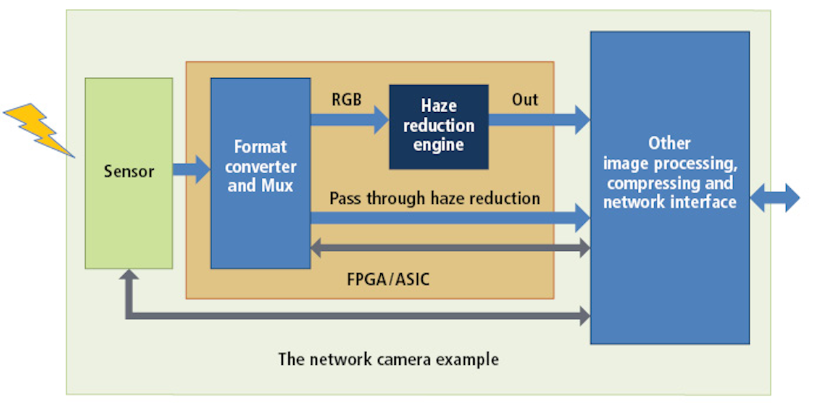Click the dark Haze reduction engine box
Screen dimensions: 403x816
click(x=439, y=126)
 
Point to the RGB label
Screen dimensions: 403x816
click(x=345, y=100)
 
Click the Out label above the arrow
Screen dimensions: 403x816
click(x=524, y=100)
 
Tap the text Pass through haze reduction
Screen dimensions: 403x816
click(x=435, y=198)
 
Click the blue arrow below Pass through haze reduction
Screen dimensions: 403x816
click(x=449, y=217)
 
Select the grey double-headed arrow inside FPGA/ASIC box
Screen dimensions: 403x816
click(x=449, y=248)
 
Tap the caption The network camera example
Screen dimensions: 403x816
click(x=388, y=358)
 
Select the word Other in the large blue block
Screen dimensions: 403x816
click(x=669, y=143)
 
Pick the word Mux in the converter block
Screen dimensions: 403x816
click(x=278, y=186)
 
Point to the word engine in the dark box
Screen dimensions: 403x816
click(x=439, y=144)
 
